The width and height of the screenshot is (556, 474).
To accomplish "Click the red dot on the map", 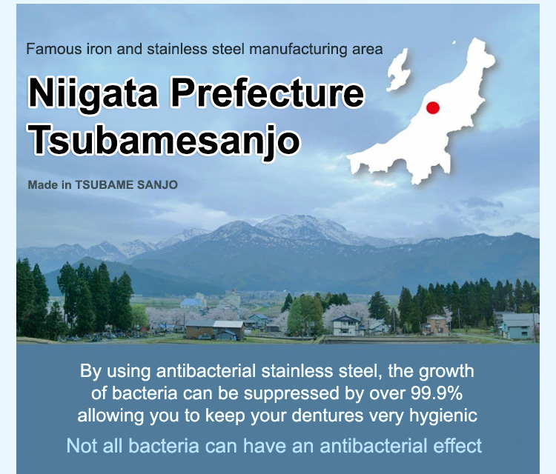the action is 433,107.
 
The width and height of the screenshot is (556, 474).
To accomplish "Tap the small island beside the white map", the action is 398,71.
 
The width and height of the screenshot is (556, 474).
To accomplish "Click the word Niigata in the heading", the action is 93,94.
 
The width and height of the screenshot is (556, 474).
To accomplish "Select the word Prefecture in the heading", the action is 268,93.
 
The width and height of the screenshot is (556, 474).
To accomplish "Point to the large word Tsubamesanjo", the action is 165,140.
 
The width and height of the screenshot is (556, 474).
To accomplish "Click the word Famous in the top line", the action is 54,49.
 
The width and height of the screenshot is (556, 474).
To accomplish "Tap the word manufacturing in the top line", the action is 299,49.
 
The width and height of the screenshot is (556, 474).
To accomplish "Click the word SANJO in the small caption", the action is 157,185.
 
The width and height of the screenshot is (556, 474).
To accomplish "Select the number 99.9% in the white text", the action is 437,393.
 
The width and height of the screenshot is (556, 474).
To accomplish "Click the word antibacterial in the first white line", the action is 206,371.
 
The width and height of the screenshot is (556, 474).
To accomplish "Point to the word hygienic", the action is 443,416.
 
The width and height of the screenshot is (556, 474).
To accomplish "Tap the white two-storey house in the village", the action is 346,325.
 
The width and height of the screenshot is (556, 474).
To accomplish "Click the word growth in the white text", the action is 446,372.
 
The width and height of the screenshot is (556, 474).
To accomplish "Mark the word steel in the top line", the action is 228,49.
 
